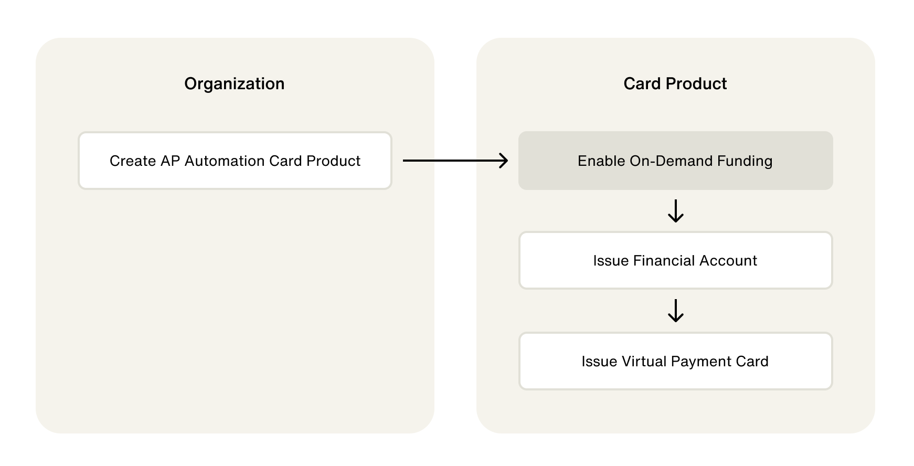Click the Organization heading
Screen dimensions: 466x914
point(234,84)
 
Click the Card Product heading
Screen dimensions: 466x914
point(675,84)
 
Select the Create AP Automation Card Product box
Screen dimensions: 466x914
point(235,161)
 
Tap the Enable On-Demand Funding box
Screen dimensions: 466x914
point(675,161)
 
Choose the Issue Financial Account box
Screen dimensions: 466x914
point(675,261)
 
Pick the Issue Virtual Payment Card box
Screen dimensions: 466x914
point(675,362)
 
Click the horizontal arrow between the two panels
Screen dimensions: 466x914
point(455,161)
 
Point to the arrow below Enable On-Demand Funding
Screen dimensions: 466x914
point(675,211)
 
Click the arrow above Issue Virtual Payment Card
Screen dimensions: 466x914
point(675,311)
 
